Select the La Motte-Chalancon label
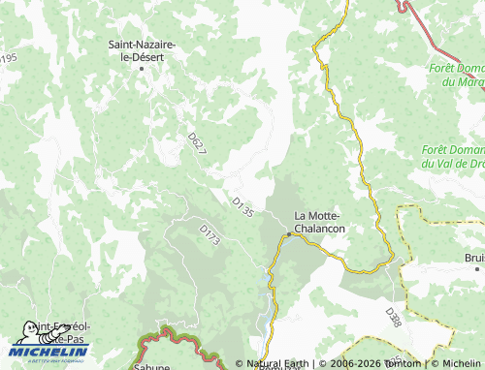tap(320, 222)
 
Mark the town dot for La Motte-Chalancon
tap(288, 233)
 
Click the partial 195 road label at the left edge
tap(9, 60)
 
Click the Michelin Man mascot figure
tap(27, 333)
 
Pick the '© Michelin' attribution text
tap(455, 364)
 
